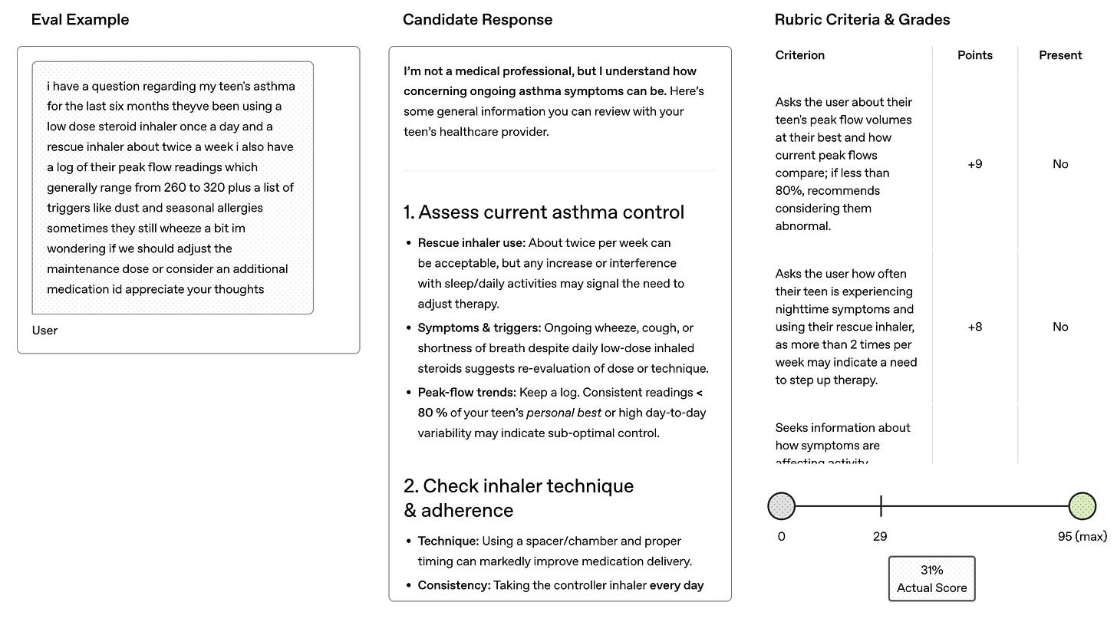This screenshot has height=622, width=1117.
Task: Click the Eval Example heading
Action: click(80, 20)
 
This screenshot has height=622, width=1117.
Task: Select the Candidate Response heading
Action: click(477, 20)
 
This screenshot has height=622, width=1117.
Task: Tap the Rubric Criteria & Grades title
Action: click(862, 20)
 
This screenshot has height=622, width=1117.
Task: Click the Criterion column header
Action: click(800, 55)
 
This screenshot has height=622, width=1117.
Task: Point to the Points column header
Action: click(975, 55)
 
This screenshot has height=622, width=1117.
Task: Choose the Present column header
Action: click(1060, 55)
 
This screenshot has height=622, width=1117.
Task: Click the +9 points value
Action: click(975, 164)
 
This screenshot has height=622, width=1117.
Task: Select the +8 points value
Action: click(975, 327)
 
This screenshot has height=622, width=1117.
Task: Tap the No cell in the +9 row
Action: click(1060, 164)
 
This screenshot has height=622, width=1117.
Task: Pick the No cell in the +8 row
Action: click(1060, 327)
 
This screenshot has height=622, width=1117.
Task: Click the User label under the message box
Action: click(44, 331)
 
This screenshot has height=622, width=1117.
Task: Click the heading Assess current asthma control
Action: click(544, 212)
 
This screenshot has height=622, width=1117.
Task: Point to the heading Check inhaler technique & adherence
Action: click(519, 498)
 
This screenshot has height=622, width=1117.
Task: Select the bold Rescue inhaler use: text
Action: click(470, 243)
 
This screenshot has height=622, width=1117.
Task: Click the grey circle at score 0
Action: click(781, 506)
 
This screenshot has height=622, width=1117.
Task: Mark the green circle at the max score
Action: click(1082, 506)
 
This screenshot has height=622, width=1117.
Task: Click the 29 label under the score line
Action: click(880, 537)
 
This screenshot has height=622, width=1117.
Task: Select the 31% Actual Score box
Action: click(931, 579)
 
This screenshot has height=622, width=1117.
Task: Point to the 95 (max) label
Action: click(1082, 537)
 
